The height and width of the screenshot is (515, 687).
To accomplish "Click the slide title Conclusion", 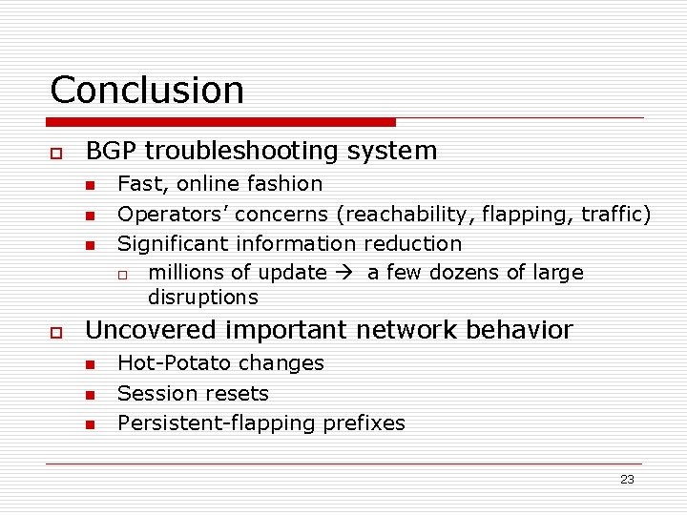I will click(147, 90).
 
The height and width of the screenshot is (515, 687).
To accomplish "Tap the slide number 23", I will click(627, 480).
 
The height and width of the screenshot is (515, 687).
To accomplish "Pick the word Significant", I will click(173, 244).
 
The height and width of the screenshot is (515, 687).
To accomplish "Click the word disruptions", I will click(202, 298).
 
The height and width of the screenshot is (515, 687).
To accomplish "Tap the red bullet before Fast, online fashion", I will click(89, 185).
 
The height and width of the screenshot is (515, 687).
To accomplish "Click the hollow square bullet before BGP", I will click(56, 153).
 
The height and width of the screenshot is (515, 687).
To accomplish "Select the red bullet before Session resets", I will click(89, 394).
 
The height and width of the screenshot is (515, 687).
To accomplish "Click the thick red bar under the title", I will click(221, 122).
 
